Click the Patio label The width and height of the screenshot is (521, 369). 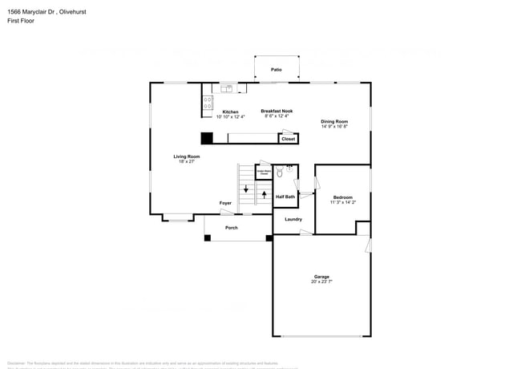(276, 70)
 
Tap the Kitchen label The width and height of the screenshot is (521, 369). (230, 112)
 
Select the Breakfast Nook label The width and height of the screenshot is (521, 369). (277, 112)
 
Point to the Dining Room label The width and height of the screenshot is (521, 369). (334, 121)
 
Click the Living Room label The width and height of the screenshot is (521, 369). (187, 156)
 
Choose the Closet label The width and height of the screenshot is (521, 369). (288, 139)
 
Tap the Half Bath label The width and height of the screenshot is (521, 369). (285, 197)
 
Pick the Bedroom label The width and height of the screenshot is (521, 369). (342, 197)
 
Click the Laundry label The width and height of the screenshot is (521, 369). (293, 219)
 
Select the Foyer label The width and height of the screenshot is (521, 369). (226, 203)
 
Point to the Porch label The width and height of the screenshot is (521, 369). (231, 228)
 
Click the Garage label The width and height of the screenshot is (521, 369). (321, 278)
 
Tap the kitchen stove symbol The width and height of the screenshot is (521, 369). (208, 103)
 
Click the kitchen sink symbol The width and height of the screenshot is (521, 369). (227, 87)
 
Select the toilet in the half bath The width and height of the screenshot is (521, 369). (279, 172)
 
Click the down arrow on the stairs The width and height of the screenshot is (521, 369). (246, 190)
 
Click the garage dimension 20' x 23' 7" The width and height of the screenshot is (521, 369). (321, 282)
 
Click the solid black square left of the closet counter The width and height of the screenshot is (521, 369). (206, 138)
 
